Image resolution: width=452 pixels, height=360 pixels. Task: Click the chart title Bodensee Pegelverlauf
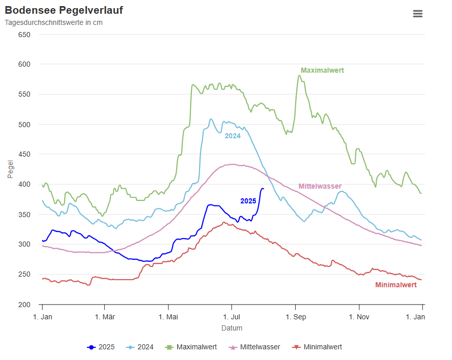pyautogui.click(x=64, y=10)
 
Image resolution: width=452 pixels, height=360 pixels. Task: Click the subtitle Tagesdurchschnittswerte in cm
pyautogui.click(x=53, y=22)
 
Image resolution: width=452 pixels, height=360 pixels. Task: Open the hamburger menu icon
pyautogui.click(x=417, y=14)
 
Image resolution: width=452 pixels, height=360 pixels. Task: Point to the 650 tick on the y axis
pyautogui.click(x=24, y=35)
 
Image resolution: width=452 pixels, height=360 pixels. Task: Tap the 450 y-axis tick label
pyautogui.click(x=24, y=154)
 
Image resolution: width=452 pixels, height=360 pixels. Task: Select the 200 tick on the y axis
pyautogui.click(x=24, y=305)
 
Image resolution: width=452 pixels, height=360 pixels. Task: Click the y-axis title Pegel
pyautogui.click(x=11, y=169)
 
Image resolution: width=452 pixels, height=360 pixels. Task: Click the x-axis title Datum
pyautogui.click(x=232, y=328)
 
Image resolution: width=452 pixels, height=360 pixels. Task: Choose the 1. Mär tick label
pyautogui.click(x=104, y=317)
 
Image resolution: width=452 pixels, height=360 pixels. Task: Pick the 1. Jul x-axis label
pyautogui.click(x=232, y=317)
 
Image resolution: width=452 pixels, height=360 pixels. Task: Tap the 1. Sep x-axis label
pyautogui.click(x=295, y=317)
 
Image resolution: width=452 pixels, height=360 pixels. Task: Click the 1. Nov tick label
pyautogui.click(x=359, y=317)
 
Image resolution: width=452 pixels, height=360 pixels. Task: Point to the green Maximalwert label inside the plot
pyautogui.click(x=322, y=70)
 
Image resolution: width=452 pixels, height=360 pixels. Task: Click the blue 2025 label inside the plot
pyautogui.click(x=248, y=201)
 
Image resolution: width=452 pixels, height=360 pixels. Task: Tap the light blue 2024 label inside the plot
pyautogui.click(x=233, y=136)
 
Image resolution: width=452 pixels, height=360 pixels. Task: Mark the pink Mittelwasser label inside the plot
pyautogui.click(x=320, y=186)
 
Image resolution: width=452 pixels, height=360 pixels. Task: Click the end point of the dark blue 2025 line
pyautogui.click(x=263, y=189)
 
